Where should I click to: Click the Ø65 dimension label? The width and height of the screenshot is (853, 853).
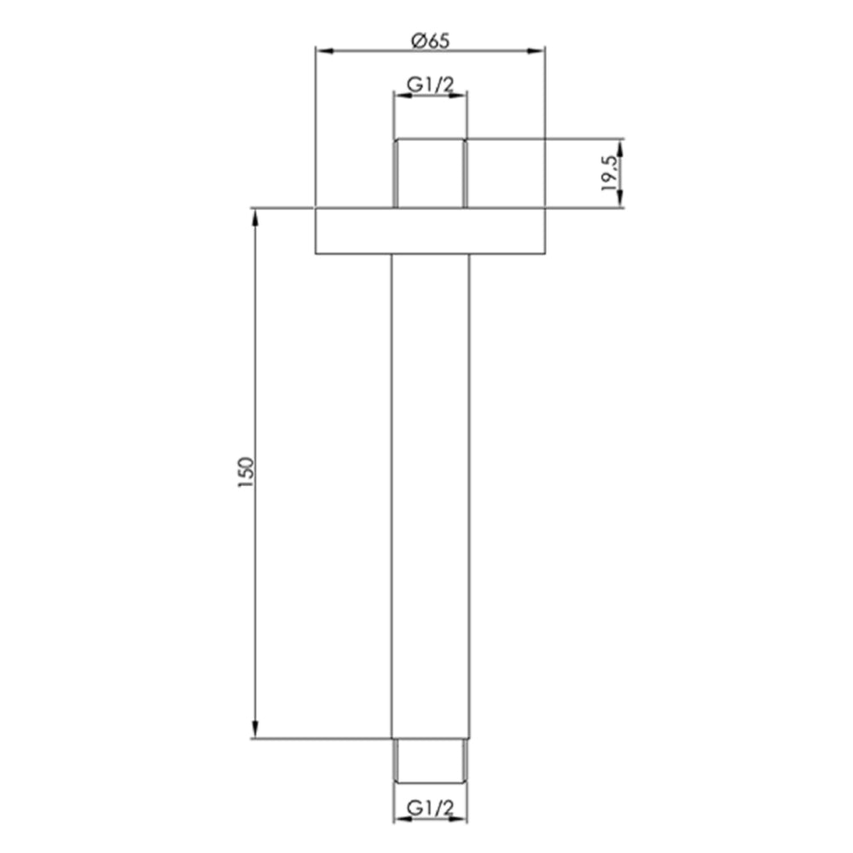coord(430,39)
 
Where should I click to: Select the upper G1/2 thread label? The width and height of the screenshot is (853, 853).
coord(430,84)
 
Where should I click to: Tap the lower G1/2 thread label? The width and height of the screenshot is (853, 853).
coord(430,807)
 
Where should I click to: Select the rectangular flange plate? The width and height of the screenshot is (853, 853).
coord(430,230)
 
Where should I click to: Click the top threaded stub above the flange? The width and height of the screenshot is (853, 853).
coord(430,172)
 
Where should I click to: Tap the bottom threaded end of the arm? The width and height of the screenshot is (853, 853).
coord(430,759)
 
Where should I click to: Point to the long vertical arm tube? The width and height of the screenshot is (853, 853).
coord(430,495)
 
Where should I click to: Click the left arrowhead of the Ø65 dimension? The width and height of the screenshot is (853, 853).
coord(322,51)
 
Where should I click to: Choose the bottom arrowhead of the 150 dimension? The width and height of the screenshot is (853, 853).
coord(255,731)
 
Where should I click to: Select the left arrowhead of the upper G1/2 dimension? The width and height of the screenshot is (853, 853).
coord(398,96)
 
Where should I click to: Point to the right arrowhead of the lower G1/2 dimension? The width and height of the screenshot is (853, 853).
coord(462,819)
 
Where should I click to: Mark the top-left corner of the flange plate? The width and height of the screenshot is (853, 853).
coord(316,207)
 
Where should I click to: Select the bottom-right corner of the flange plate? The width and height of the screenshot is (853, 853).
coord(544,253)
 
